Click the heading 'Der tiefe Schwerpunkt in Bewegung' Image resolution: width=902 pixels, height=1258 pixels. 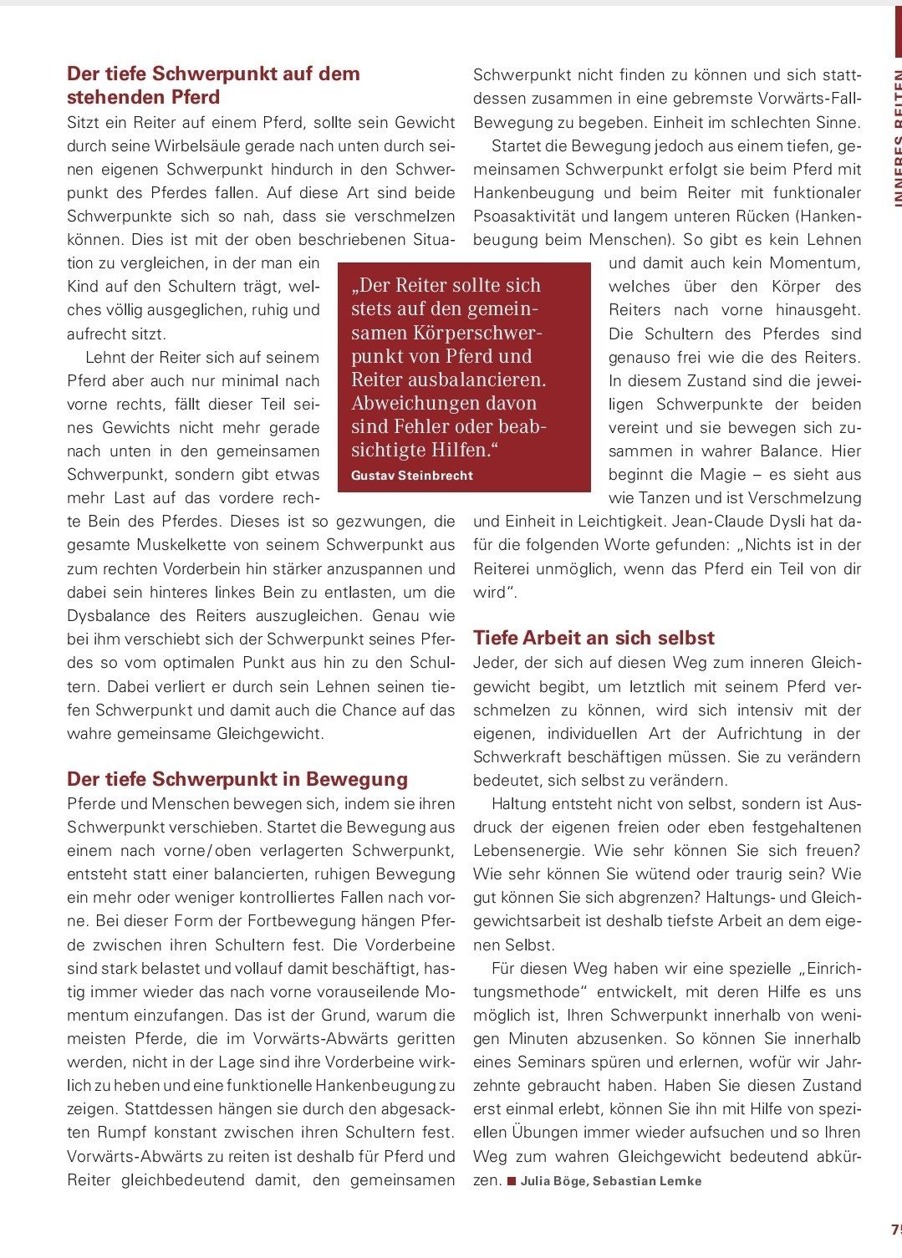(x=237, y=779)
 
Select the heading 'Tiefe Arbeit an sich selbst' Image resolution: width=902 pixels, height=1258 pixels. (x=594, y=638)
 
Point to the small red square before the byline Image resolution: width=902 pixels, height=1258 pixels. (x=512, y=1181)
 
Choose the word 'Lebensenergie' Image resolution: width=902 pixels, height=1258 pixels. (x=528, y=851)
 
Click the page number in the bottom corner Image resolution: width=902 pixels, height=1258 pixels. (x=894, y=1230)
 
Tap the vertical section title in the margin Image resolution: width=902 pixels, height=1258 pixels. (x=895, y=134)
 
